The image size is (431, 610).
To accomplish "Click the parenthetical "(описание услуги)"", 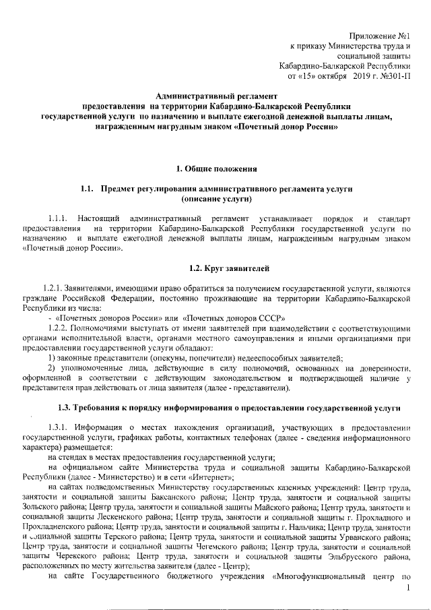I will [x=216, y=200].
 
